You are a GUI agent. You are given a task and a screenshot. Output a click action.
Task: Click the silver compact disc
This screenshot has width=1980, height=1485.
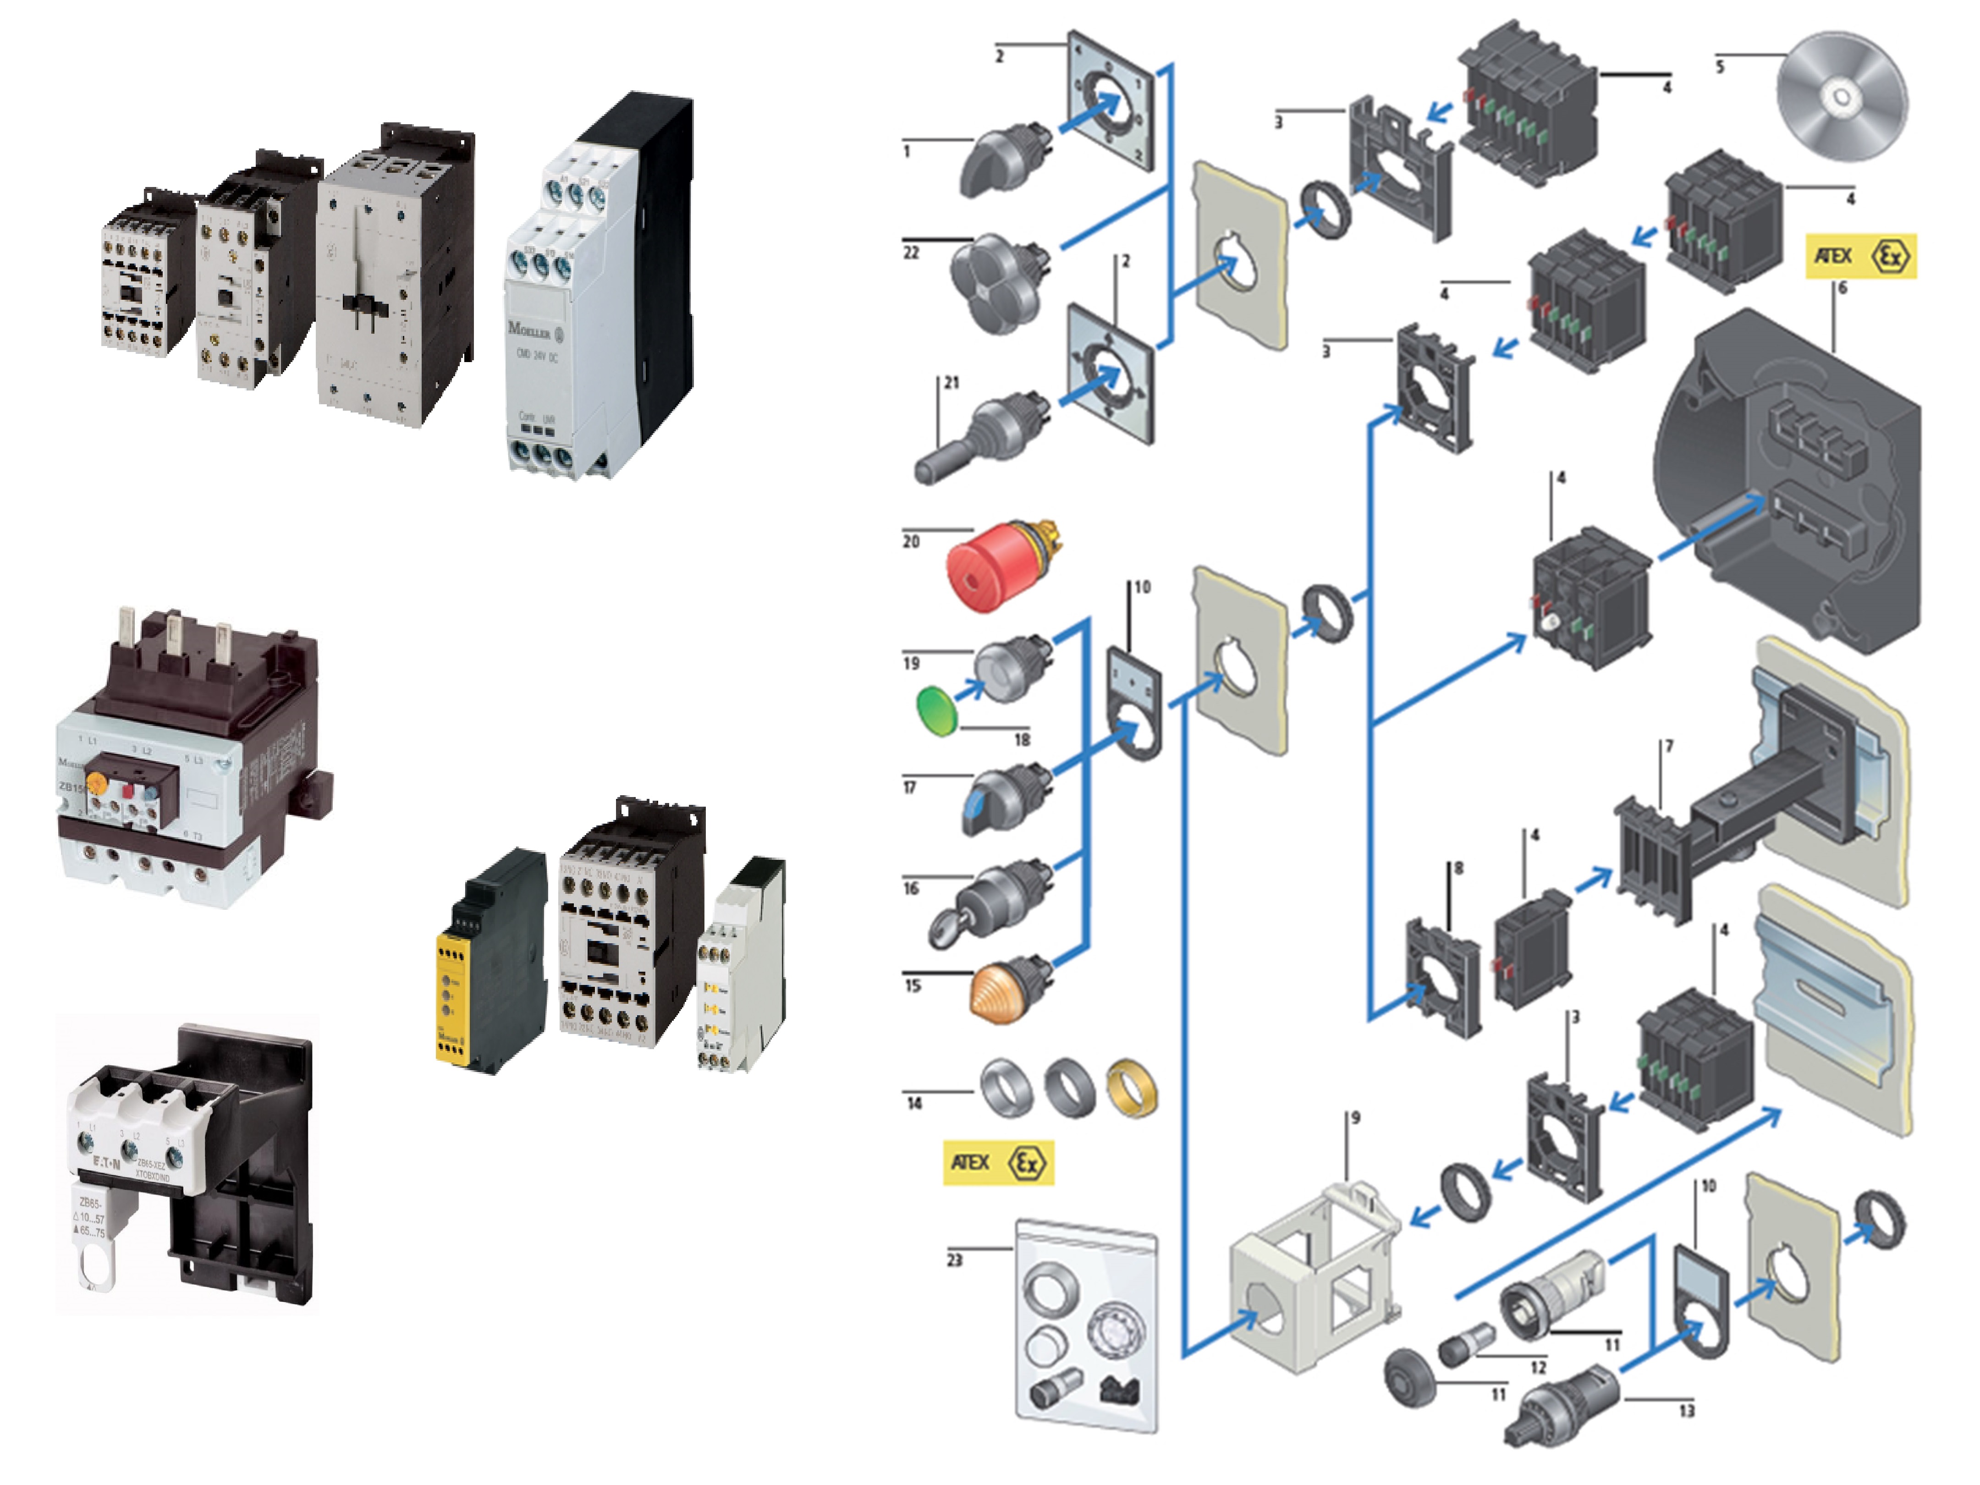click(x=1841, y=97)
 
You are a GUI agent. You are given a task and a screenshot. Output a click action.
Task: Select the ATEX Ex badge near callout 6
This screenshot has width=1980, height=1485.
click(x=1860, y=256)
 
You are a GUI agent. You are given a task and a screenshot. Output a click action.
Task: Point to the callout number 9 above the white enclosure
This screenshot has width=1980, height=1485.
click(x=1355, y=1118)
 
